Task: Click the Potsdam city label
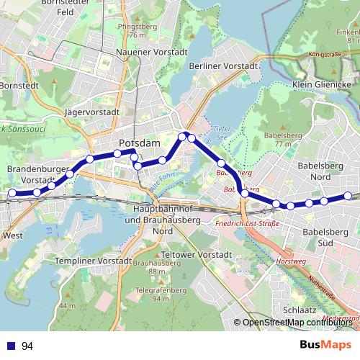click(139, 143)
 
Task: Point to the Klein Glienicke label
click(321, 84)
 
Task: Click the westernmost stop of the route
click(12, 193)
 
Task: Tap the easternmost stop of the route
click(347, 196)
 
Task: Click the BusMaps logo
click(325, 345)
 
